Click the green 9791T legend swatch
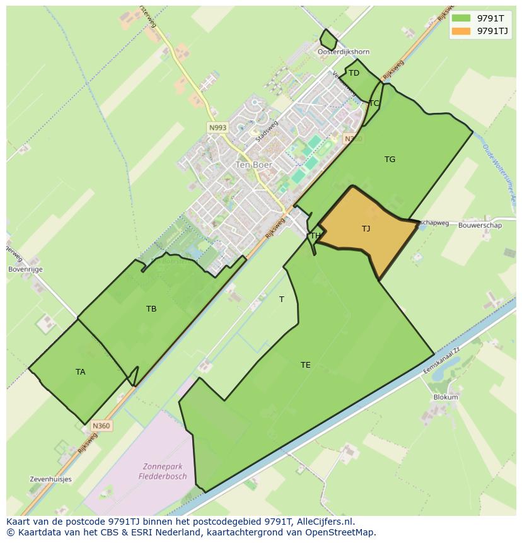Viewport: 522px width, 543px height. point(461,18)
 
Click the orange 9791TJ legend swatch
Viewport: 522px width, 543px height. point(461,31)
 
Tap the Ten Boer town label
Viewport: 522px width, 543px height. point(254,165)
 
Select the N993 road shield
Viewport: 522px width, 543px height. point(217,127)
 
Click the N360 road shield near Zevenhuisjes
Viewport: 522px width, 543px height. point(101,426)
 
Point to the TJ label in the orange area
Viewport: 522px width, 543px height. point(366,228)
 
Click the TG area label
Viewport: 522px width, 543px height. point(390,160)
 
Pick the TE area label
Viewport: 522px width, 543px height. point(306,365)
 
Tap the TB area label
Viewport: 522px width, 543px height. point(151,308)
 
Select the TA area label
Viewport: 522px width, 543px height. point(81,371)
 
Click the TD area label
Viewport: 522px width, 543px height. point(354,73)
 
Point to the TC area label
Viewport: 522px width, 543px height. point(374,103)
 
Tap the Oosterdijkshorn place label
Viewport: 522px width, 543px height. point(344,52)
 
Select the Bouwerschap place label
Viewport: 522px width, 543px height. point(480,225)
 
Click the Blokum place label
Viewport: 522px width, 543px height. point(446,397)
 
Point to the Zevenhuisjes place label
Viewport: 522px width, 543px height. point(50,479)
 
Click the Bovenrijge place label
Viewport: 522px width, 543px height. point(25,269)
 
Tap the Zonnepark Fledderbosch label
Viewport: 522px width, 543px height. point(163,472)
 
